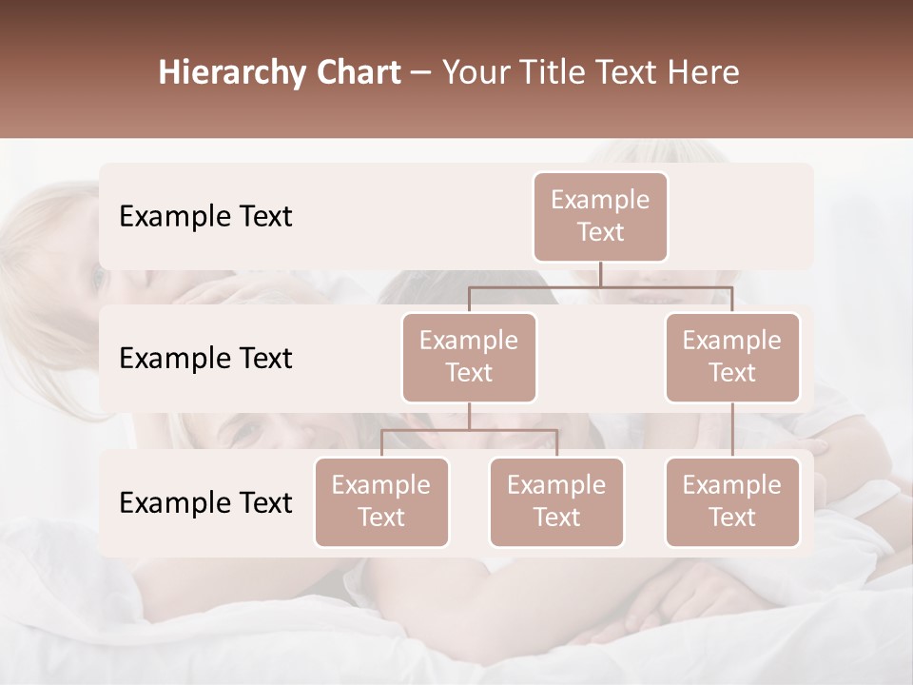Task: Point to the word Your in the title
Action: click(x=475, y=73)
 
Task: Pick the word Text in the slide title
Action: click(x=624, y=73)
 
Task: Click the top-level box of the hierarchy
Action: click(x=600, y=217)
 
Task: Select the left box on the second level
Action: click(x=469, y=358)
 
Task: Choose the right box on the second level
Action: click(x=732, y=358)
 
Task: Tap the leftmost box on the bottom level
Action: click(x=381, y=502)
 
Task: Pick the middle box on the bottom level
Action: click(x=556, y=502)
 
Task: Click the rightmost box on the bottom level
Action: click(x=732, y=502)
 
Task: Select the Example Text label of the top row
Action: click(x=205, y=217)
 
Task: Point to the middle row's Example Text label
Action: click(x=205, y=359)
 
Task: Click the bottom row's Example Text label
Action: click(x=205, y=503)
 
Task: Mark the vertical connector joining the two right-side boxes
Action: click(x=732, y=430)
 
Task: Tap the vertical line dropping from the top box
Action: click(x=600, y=274)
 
